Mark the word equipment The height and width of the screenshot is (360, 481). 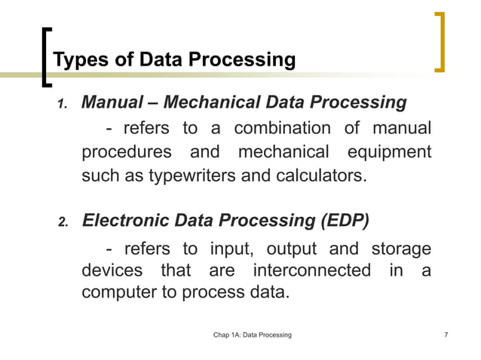[x=388, y=152]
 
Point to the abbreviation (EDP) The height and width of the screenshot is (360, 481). [x=344, y=221]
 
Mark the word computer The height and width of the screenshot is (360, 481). [x=118, y=291]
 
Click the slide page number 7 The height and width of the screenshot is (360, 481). [x=447, y=334]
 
